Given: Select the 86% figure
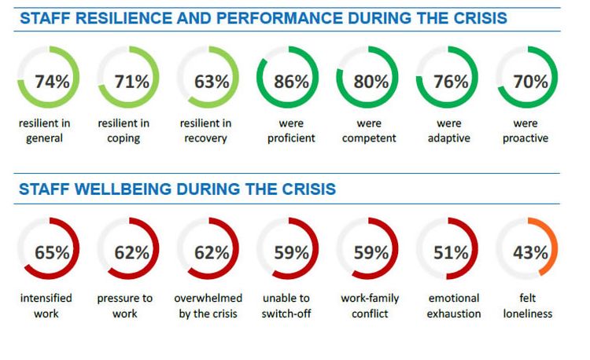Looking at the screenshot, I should (x=290, y=81).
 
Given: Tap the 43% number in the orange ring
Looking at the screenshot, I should (x=529, y=253).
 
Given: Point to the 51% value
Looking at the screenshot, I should (x=450, y=253).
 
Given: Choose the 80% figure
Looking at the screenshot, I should (x=371, y=81).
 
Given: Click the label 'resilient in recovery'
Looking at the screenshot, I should (x=205, y=131).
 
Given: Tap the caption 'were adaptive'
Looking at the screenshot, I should (x=449, y=131).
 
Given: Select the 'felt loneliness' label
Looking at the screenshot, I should (x=529, y=306).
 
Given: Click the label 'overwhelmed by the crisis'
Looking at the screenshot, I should (x=208, y=306).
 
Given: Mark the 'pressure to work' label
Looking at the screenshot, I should (x=125, y=306).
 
